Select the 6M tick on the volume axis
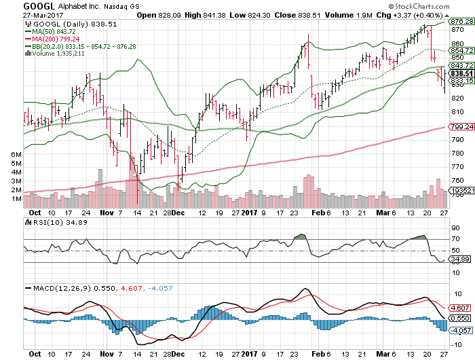point(15,155)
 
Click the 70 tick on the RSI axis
point(453,239)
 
